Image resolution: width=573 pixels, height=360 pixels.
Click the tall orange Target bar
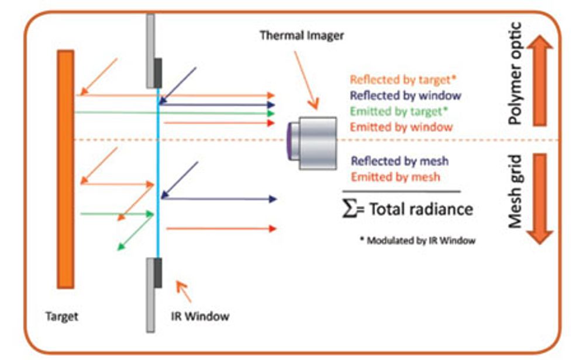(x=65, y=169)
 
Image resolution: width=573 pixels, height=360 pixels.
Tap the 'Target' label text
(x=61, y=317)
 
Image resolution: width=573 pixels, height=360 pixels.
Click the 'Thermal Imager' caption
(x=302, y=36)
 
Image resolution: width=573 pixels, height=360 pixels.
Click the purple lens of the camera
(x=291, y=143)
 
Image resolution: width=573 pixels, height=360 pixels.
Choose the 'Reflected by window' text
(x=405, y=95)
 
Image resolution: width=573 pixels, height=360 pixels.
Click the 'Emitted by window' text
(x=402, y=126)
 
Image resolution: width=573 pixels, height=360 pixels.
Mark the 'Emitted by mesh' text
(x=396, y=176)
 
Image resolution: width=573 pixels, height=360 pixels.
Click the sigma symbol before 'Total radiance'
(x=348, y=209)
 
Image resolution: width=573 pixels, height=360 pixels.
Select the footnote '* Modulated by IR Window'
(x=417, y=240)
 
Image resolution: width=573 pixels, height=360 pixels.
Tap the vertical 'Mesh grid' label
(x=515, y=191)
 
